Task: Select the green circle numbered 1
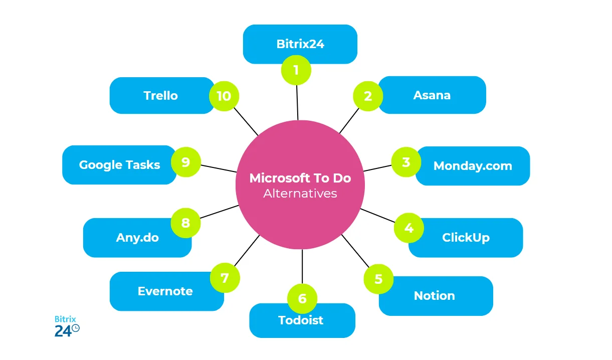pyautogui.click(x=296, y=70)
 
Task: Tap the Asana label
pyautogui.click(x=432, y=95)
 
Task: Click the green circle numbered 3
pyautogui.click(x=406, y=162)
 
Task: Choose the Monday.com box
pyautogui.click(x=473, y=166)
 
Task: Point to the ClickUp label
pyautogui.click(x=466, y=238)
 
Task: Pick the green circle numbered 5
pyautogui.click(x=378, y=279)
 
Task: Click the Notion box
pyautogui.click(x=435, y=296)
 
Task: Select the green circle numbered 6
pyautogui.click(x=302, y=299)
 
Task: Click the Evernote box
pyautogui.click(x=165, y=291)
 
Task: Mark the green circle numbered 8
pyautogui.click(x=185, y=223)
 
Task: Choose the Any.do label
pyautogui.click(x=137, y=238)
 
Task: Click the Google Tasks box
pyautogui.click(x=119, y=165)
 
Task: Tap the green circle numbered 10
pyautogui.click(x=224, y=95)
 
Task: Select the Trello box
pyautogui.click(x=161, y=96)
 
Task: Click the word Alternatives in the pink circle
pyautogui.click(x=300, y=194)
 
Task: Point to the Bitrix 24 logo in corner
pyautogui.click(x=67, y=326)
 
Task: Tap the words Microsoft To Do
pyautogui.click(x=300, y=178)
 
